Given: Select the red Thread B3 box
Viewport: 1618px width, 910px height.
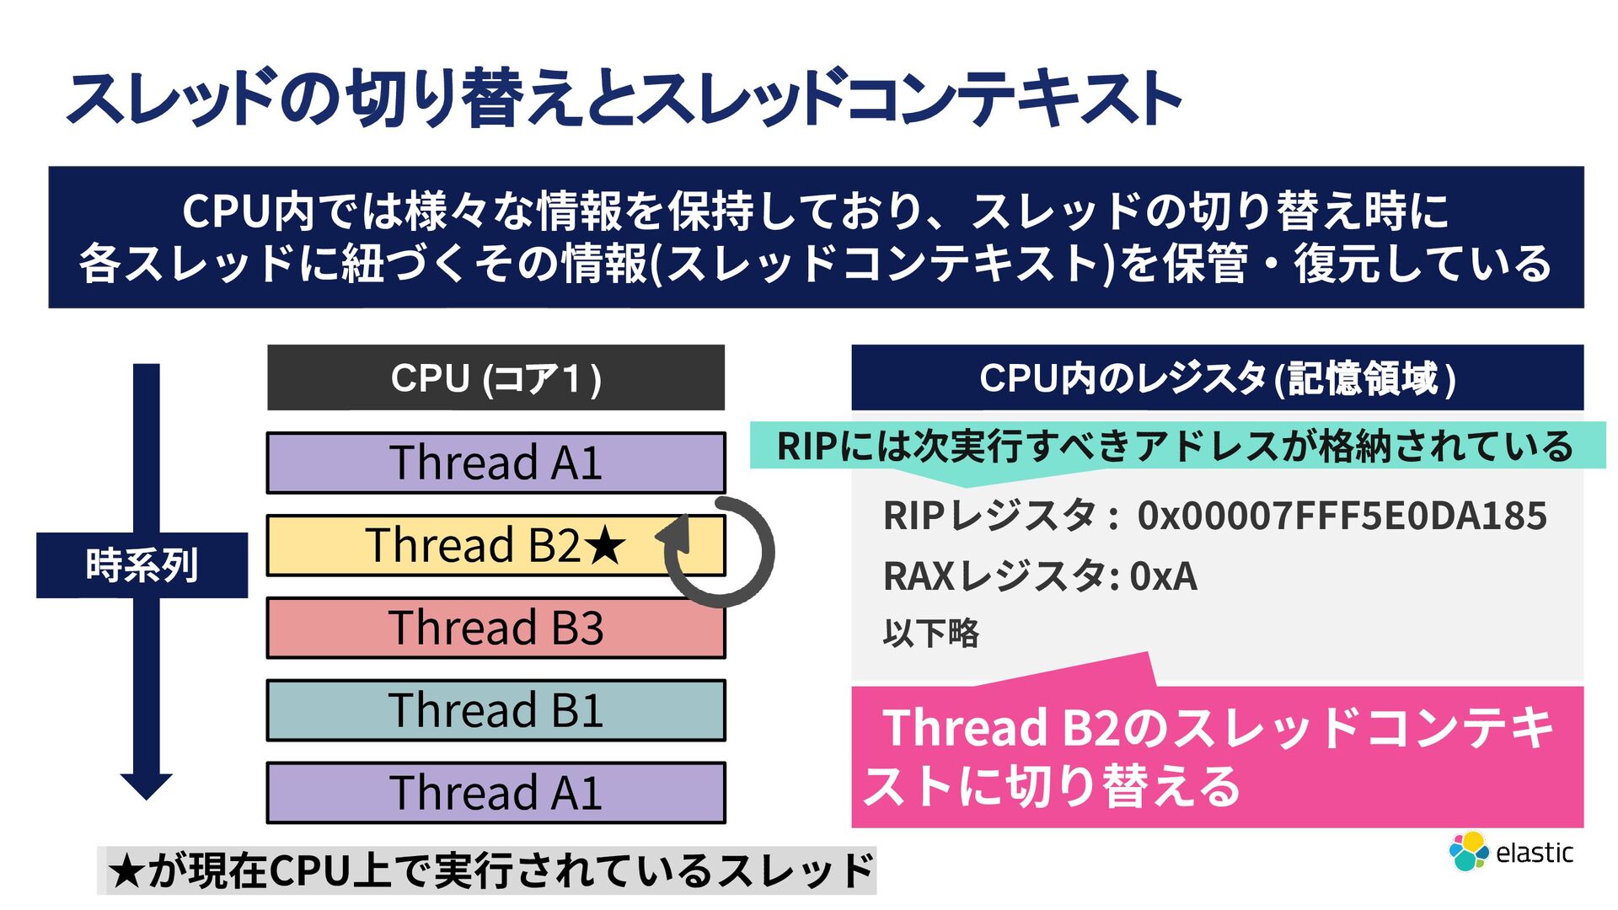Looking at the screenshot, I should click(496, 628).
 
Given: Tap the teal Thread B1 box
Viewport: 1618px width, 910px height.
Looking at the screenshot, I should click(496, 710).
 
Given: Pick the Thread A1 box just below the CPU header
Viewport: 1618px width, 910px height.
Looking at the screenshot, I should click(496, 463).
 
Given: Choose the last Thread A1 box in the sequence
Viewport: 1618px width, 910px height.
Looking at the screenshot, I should click(496, 793).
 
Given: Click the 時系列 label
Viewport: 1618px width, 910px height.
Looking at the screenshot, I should click(142, 565).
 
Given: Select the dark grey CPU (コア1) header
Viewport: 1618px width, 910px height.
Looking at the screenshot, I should click(496, 377).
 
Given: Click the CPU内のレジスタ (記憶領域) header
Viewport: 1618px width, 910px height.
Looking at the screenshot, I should click(1217, 377).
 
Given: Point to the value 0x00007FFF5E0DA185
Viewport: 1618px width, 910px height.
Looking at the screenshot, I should click(1342, 516).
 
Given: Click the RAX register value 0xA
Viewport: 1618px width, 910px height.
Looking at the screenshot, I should click(1163, 576).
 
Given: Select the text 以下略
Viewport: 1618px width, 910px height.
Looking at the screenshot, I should click(931, 633).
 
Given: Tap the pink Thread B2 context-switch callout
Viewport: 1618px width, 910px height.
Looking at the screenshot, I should click(1217, 757).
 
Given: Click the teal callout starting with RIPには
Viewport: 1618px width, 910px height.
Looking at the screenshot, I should click(1176, 446).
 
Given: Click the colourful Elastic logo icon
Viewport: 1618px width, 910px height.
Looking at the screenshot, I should click(1468, 851).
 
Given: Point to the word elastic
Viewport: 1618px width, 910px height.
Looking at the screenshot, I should click(1534, 853).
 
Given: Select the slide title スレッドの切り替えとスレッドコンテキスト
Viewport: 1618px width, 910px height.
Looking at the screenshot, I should click(624, 99).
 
